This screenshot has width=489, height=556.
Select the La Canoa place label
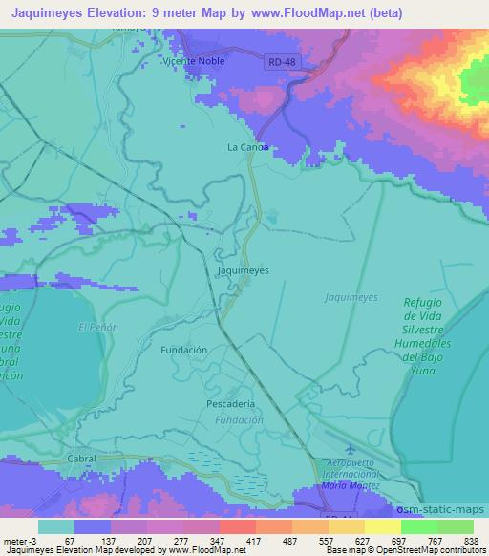pos(247,147)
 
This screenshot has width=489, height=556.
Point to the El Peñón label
pos(96,328)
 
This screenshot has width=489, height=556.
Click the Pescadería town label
pos(230,404)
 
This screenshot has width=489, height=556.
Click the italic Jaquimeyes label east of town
pos(350,297)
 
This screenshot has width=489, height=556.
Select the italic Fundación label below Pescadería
pos(239,419)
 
